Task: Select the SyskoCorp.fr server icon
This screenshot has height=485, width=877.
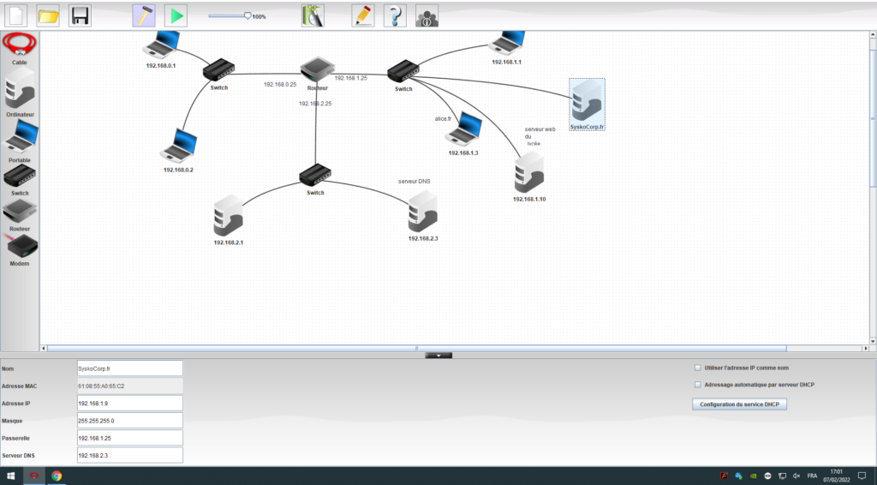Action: [588, 101]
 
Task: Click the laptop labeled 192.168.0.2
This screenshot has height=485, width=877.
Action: [178, 146]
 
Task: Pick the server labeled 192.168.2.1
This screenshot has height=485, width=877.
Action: [228, 216]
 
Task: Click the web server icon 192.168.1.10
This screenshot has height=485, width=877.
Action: [529, 175]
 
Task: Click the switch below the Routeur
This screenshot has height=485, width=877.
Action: [315, 175]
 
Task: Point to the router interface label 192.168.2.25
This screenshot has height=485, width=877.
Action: [315, 104]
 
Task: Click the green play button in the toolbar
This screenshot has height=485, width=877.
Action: [176, 15]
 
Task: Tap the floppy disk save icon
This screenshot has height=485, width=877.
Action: [80, 15]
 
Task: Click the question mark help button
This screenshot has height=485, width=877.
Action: [394, 15]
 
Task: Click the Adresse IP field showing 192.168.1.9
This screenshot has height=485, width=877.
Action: [129, 403]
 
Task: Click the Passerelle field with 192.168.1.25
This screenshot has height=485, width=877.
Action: [129, 438]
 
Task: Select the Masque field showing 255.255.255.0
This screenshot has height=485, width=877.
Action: [129, 421]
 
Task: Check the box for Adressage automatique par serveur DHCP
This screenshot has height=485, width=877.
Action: [698, 385]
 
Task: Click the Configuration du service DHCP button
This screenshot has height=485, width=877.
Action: [739, 404]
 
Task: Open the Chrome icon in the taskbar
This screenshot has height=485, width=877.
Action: [57, 476]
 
